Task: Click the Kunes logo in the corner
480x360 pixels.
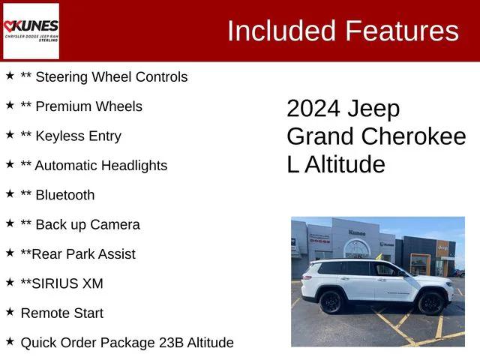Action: (x=31, y=31)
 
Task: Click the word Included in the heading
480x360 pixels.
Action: (x=282, y=31)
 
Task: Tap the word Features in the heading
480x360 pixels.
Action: (x=402, y=31)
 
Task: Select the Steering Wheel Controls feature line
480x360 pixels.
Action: (x=103, y=76)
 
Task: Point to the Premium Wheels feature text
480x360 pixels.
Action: (x=81, y=106)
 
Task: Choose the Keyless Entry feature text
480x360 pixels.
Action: (x=70, y=136)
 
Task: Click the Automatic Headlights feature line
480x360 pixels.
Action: (x=94, y=165)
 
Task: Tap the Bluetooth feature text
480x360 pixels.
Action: (x=58, y=195)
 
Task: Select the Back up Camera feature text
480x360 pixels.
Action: (x=80, y=224)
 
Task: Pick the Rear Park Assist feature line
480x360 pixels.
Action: (x=78, y=254)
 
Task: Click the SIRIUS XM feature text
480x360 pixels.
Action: (x=61, y=283)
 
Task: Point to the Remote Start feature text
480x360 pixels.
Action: (x=62, y=313)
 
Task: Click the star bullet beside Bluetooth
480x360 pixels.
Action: (x=10, y=193)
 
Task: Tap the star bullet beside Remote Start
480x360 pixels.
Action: (x=10, y=311)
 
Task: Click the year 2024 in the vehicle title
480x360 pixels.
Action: (x=313, y=109)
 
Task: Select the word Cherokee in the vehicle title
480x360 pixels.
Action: (x=413, y=136)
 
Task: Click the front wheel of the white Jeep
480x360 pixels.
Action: (x=430, y=303)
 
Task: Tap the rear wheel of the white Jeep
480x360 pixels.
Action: (x=331, y=302)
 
